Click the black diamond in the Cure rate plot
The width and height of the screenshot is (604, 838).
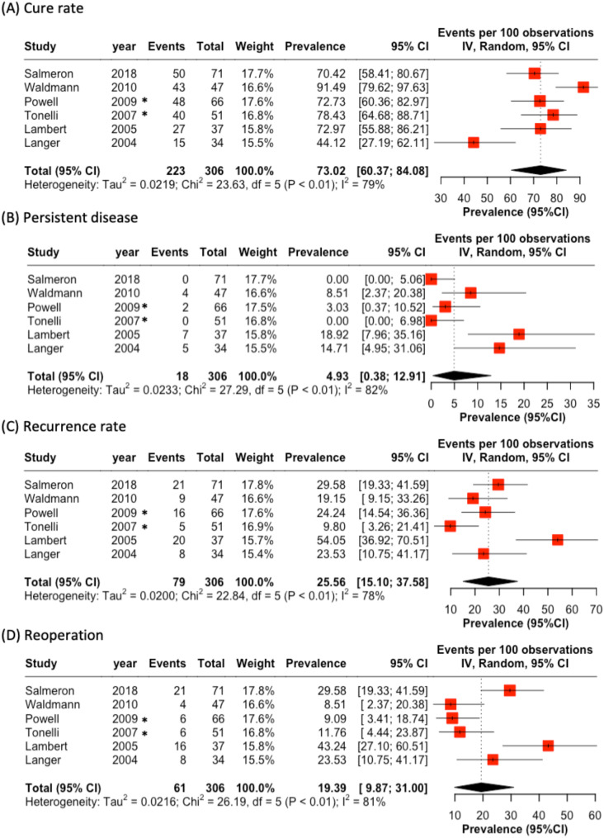[539, 171]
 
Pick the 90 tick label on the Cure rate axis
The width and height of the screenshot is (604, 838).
[579, 198]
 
